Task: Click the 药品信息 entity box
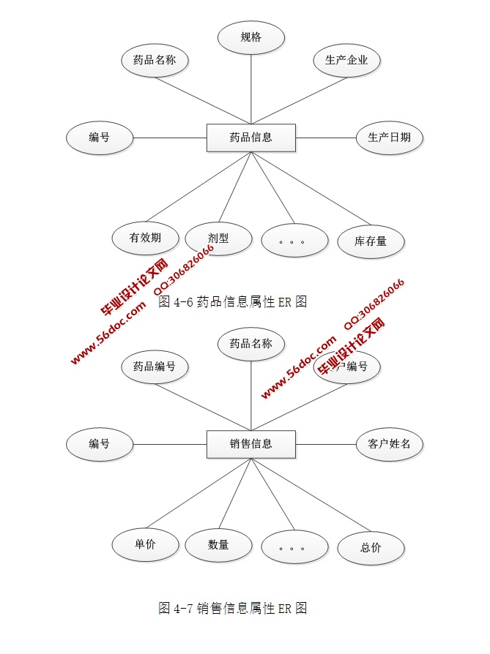coord(250,138)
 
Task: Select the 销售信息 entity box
coord(250,444)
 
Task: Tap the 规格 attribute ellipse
coord(251,37)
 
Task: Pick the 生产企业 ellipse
coord(346,61)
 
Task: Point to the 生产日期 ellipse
coord(389,138)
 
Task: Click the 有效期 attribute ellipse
coord(145,238)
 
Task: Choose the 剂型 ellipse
coord(218,238)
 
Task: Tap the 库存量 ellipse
coord(371,240)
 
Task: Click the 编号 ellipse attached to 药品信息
coord(100,138)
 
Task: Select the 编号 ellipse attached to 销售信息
coord(100,444)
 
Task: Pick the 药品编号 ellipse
coord(155,367)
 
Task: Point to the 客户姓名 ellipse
coord(389,444)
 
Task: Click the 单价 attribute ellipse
coord(145,544)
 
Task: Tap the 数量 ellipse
coord(218,545)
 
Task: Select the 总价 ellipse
coord(371,548)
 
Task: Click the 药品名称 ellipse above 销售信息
coord(251,344)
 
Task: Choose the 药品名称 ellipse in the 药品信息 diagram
coord(155,61)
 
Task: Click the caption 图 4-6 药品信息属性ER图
coord(232,301)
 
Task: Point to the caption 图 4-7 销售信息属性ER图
coord(232,608)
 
